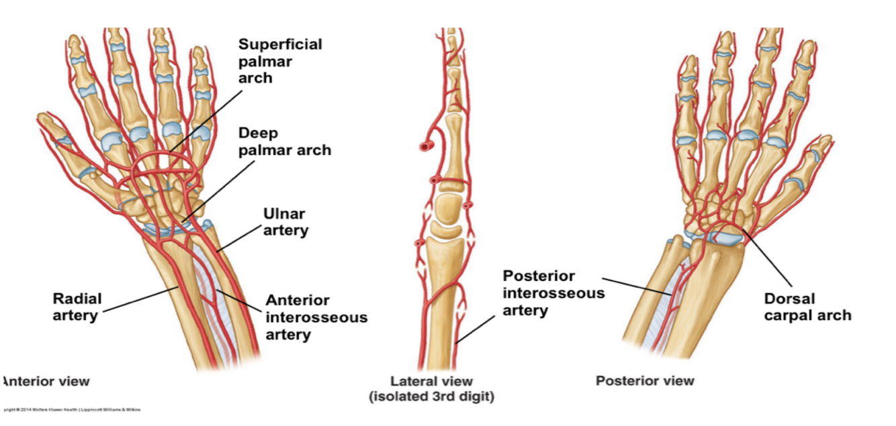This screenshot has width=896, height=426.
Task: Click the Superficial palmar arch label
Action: (x=280, y=61)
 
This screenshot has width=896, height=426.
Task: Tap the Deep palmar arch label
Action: (x=284, y=141)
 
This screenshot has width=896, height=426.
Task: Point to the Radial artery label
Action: (x=77, y=306)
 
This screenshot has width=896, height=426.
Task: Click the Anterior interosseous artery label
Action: (x=316, y=317)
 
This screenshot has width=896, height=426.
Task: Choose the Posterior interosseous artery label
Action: (x=553, y=293)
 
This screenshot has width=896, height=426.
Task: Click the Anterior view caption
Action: (x=45, y=381)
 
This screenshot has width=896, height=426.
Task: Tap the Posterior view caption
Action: (x=645, y=381)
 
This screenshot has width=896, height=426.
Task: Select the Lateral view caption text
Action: (x=431, y=382)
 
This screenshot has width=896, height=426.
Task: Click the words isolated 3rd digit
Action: (x=431, y=396)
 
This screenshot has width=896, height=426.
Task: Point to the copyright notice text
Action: (x=71, y=409)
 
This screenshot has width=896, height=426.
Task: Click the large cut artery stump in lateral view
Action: (x=423, y=145)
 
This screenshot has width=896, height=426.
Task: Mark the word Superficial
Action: (x=280, y=44)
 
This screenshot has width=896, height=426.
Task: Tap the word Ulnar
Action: (x=283, y=214)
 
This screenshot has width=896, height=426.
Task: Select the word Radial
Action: (x=77, y=298)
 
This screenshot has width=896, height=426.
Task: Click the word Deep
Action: (x=258, y=133)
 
